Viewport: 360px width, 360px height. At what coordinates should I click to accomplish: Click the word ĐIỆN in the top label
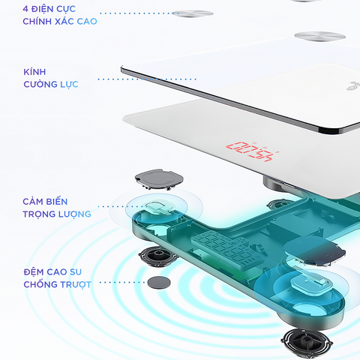point(42,9)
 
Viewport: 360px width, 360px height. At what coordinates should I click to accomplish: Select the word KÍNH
point(34,72)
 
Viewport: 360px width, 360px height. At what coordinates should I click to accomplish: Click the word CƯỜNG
point(40,84)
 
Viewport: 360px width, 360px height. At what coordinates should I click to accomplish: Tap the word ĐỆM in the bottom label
point(34,271)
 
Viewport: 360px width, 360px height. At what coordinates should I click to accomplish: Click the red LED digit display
point(249,151)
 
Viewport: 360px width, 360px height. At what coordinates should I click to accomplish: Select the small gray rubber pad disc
point(159,283)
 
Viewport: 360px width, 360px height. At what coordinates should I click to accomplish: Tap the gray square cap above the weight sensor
point(159,179)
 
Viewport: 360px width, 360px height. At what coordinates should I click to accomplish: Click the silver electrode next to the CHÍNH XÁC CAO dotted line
point(193,13)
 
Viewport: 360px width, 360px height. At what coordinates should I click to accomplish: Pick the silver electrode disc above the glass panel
point(320,37)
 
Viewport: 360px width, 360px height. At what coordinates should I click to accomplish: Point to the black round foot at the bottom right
point(307,342)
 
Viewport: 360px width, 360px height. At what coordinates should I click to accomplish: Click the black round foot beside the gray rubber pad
point(158,256)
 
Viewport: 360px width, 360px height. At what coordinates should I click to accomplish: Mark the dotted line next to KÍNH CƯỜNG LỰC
point(147,79)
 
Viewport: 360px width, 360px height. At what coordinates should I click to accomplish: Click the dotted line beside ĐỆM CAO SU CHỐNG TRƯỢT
point(122,283)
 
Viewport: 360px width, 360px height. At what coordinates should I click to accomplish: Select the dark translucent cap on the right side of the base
point(314,250)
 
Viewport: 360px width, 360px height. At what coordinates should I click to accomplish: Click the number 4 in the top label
point(25,9)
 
